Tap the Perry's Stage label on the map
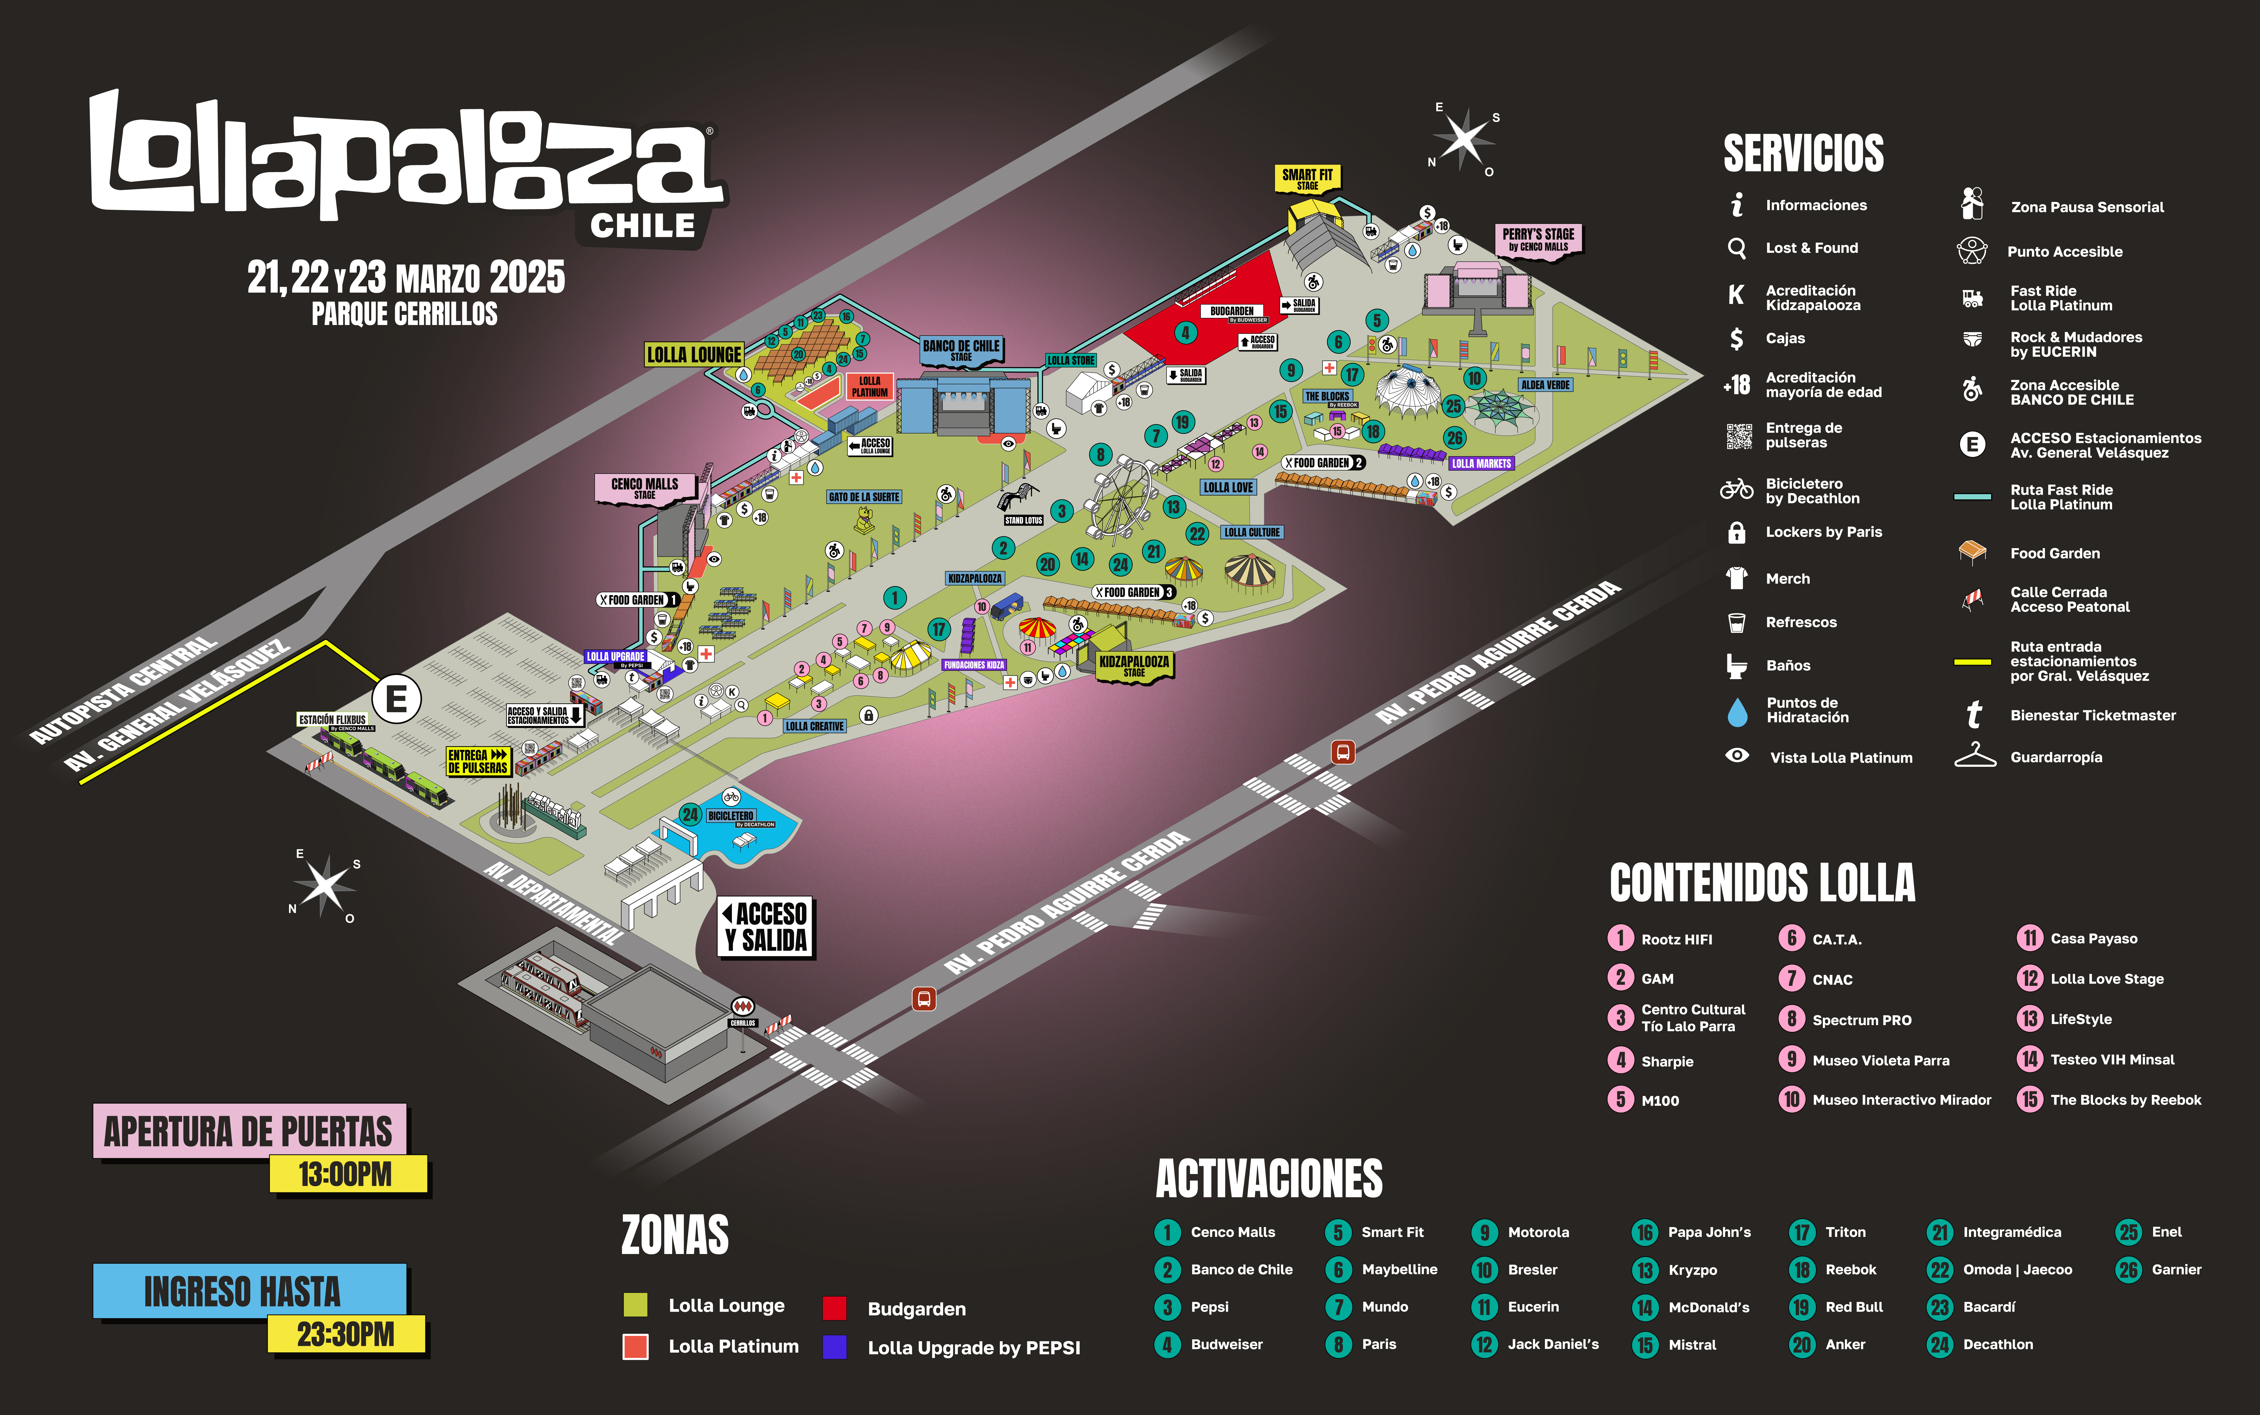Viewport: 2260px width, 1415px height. point(1538,239)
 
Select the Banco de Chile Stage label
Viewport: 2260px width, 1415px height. point(961,349)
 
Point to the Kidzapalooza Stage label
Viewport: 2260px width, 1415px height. point(1134,665)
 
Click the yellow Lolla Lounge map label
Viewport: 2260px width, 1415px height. point(693,355)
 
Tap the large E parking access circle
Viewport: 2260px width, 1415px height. point(397,699)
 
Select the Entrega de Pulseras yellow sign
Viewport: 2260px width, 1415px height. point(477,761)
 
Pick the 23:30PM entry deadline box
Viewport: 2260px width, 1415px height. point(346,1333)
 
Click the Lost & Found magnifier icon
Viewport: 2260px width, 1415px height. point(1737,248)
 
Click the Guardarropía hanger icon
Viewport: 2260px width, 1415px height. point(1975,756)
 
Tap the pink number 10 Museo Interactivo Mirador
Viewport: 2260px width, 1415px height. point(1791,1100)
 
